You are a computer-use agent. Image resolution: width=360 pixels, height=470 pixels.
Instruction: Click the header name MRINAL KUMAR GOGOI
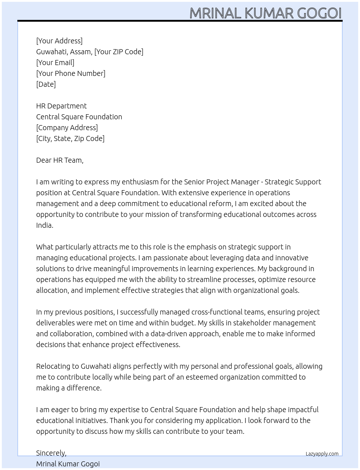[265, 13]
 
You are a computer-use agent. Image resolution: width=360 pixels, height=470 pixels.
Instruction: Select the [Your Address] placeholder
[59, 41]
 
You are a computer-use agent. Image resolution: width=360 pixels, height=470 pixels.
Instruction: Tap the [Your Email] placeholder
[55, 63]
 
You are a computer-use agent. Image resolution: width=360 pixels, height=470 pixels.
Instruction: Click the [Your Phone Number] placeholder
[71, 73]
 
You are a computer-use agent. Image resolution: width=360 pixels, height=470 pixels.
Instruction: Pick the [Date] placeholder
[46, 84]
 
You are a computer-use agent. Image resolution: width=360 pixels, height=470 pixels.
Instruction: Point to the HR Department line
[61, 106]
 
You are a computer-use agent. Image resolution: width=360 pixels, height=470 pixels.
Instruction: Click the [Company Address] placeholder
[67, 128]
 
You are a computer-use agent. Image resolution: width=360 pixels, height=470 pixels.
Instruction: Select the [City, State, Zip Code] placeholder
[70, 138]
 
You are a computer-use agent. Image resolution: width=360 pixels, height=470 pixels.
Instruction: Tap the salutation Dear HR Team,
[60, 160]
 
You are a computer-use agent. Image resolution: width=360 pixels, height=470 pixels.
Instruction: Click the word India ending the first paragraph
[44, 225]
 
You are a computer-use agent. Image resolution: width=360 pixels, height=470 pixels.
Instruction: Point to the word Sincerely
[51, 453]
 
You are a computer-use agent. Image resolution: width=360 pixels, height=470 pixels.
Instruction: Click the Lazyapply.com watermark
[322, 454]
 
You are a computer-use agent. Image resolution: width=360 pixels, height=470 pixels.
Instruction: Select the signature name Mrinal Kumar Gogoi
[68, 464]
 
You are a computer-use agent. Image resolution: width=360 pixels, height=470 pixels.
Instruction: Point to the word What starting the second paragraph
[45, 247]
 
